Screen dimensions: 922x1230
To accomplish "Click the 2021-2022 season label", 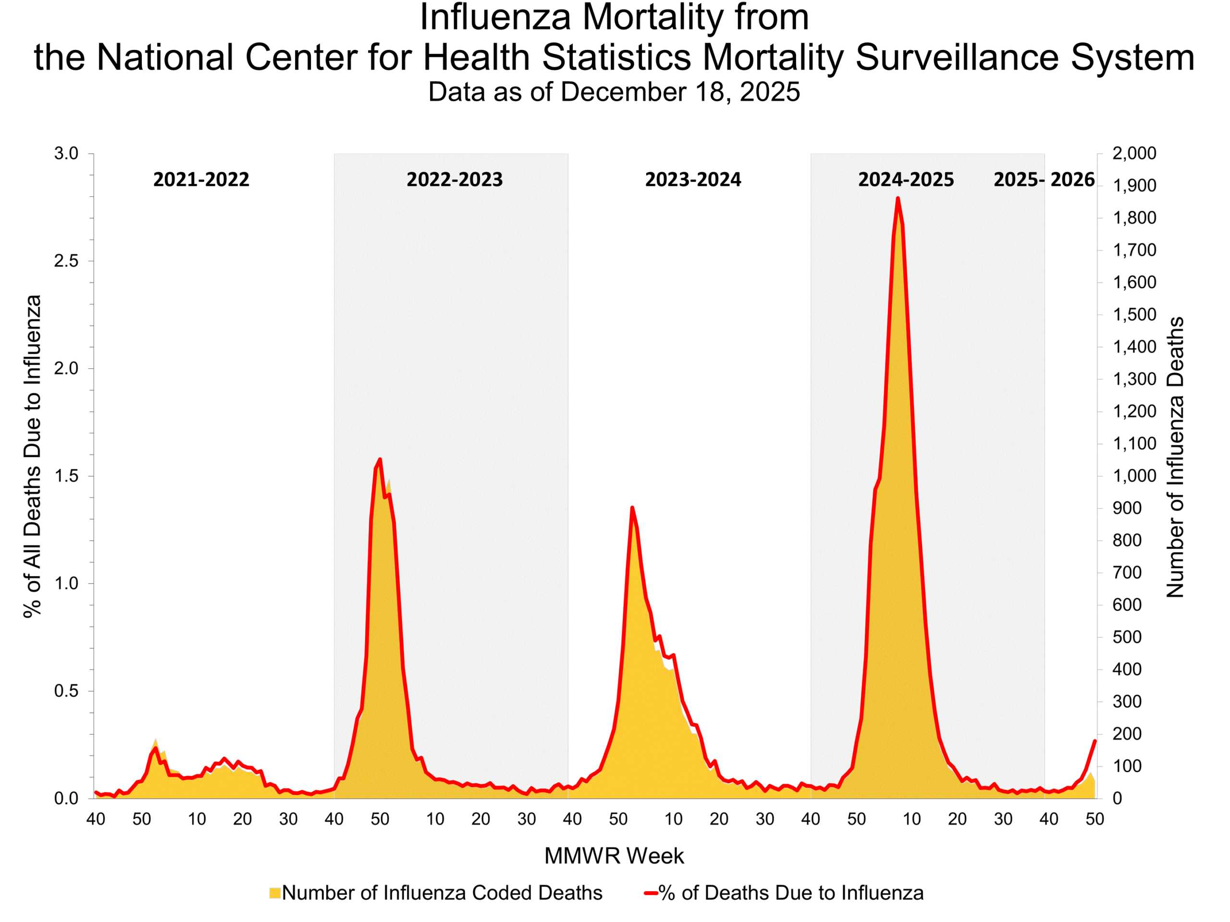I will [x=201, y=180].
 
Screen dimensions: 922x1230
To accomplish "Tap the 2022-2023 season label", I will [x=455, y=180].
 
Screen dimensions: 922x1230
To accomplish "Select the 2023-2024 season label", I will [x=693, y=180].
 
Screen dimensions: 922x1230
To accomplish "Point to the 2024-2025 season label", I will [x=906, y=180].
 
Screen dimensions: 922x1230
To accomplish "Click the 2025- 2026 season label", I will [x=1044, y=180].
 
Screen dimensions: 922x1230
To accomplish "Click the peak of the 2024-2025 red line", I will [x=898, y=198].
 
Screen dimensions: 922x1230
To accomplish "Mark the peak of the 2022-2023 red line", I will [x=380, y=460].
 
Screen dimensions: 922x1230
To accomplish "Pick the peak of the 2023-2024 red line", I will [x=632, y=508].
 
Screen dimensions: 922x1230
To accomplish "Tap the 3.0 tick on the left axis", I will [x=66, y=153].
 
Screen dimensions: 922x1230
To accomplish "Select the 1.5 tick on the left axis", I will [x=66, y=476].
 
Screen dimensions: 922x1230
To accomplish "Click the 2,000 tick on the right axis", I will [x=1134, y=153].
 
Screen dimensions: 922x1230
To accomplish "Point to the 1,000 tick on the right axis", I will [x=1134, y=476].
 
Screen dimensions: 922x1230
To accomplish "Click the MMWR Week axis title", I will [x=614, y=856].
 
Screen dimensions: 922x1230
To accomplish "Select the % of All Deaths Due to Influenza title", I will [x=32, y=456].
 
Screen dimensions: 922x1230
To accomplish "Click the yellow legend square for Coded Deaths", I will [x=275, y=893].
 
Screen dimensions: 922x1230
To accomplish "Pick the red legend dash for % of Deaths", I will [x=651, y=893].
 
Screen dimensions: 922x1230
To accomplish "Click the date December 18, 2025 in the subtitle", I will [x=680, y=92].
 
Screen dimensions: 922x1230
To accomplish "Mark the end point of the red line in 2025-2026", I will [x=1095, y=741].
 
